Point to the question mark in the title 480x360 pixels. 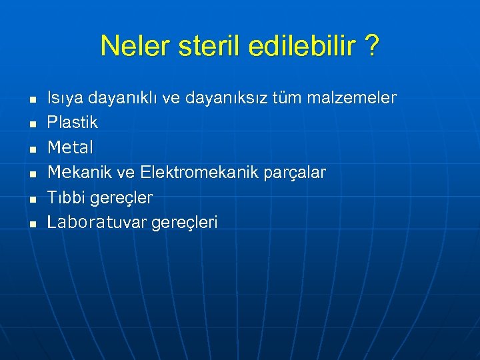(x=372, y=46)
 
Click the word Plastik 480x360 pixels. (x=72, y=123)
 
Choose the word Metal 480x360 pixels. (x=70, y=147)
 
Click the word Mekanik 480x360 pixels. (x=80, y=173)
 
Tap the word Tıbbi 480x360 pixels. (x=65, y=198)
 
